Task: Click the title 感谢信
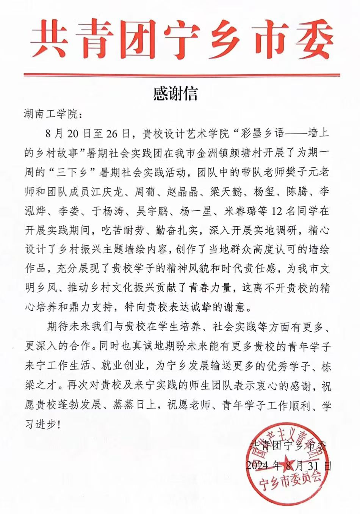click(x=175, y=94)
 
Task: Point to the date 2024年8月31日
click(x=288, y=465)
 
